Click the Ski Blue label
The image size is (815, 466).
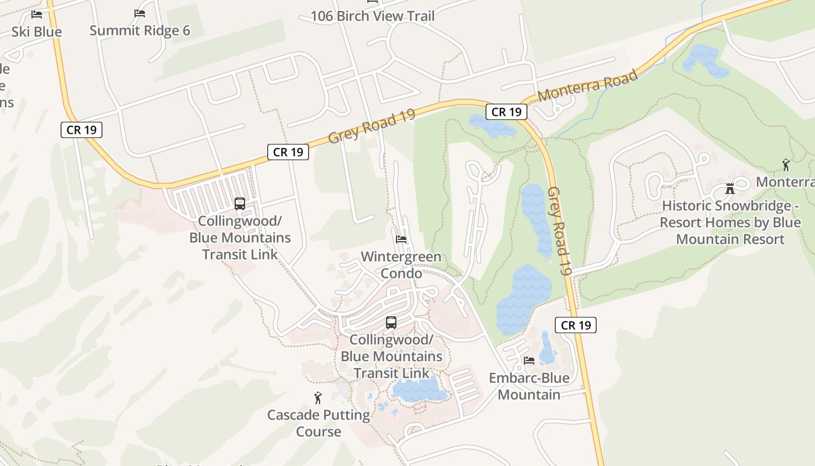point(37,31)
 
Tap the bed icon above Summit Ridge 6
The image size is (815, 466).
point(140,13)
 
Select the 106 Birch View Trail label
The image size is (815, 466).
point(373,16)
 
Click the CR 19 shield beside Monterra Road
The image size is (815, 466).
point(506,112)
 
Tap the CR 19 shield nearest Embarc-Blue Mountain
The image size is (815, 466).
point(576,325)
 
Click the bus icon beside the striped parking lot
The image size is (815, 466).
point(240,204)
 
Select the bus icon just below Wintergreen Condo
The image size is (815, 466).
point(391,322)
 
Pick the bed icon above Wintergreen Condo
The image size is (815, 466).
point(401,239)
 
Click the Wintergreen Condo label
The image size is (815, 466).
point(401,265)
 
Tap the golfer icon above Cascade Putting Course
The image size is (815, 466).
point(318,398)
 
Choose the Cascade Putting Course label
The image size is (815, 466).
point(318,423)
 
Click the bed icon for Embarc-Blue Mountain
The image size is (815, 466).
point(529,361)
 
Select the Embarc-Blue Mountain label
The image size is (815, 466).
point(529,386)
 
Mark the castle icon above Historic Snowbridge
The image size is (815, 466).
point(730,188)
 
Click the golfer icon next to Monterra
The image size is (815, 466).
point(786,165)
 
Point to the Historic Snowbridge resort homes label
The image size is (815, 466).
point(731,223)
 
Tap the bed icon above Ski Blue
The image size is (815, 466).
point(37,14)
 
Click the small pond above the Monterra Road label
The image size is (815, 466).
point(705,60)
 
